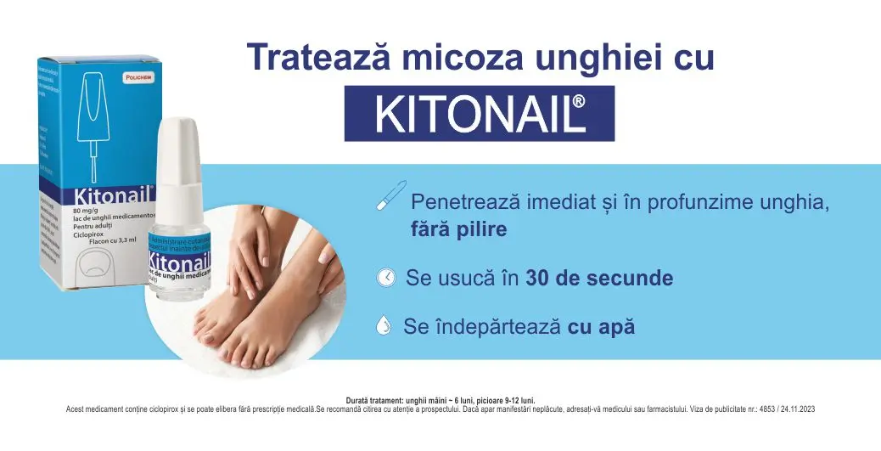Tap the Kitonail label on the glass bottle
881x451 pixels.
click(180, 258)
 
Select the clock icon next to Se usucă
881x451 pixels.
click(386, 278)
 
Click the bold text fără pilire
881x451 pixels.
click(458, 229)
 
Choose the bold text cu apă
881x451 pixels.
click(601, 327)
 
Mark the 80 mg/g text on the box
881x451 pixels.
click(88, 210)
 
